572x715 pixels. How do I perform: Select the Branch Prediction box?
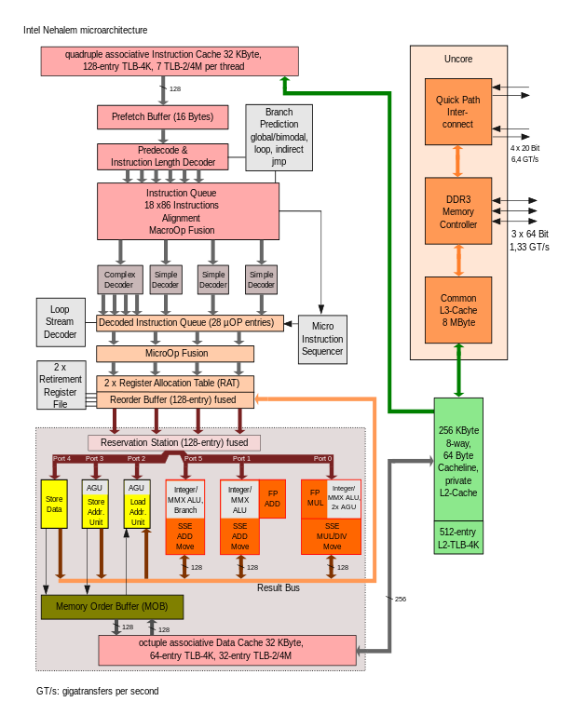click(x=279, y=137)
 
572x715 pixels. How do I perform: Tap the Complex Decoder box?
click(x=119, y=279)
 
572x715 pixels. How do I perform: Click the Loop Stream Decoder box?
click(x=61, y=321)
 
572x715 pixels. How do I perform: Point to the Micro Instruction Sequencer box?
click(x=322, y=339)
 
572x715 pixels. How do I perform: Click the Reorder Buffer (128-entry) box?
click(x=175, y=399)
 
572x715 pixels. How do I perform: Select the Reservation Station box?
click(x=174, y=442)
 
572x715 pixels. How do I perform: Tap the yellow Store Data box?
click(x=54, y=504)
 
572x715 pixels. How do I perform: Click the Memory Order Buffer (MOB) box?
click(x=112, y=607)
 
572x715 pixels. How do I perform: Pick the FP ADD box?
click(x=272, y=498)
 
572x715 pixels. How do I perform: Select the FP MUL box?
click(x=315, y=498)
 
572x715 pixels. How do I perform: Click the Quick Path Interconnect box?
click(x=457, y=112)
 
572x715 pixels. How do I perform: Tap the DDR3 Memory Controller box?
click(x=457, y=211)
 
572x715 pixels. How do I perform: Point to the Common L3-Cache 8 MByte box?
click(x=457, y=311)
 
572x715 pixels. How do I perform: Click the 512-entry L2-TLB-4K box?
click(x=457, y=538)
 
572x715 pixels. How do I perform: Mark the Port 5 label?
click(x=193, y=459)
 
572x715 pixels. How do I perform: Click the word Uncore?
click(x=458, y=59)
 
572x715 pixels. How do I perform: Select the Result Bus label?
click(x=279, y=587)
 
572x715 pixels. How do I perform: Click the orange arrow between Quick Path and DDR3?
click(x=457, y=161)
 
